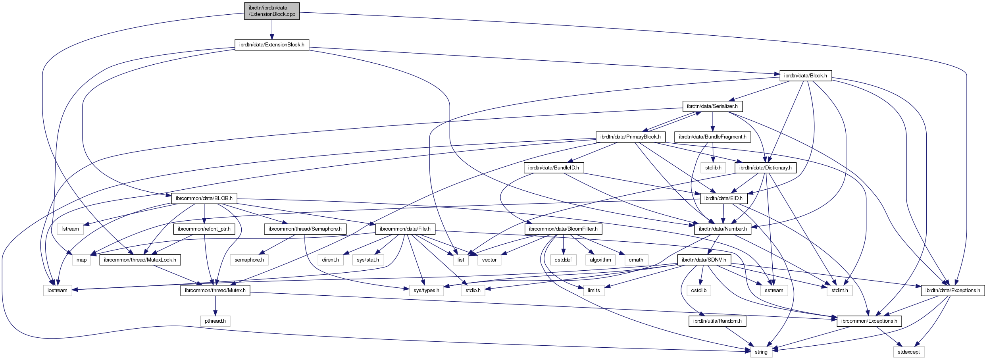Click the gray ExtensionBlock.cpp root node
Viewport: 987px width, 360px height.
[x=272, y=11]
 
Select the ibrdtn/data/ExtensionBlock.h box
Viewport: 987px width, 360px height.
[x=272, y=45]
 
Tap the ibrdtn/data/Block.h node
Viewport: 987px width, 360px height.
[x=805, y=76]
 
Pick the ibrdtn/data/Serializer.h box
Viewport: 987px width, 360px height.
[x=712, y=106]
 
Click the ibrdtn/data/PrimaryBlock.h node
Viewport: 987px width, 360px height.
[x=630, y=137]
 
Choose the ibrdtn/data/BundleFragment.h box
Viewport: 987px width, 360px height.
[x=712, y=137]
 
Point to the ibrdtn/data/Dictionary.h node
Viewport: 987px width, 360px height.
[x=765, y=168]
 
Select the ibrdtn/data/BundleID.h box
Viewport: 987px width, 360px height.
[x=553, y=168]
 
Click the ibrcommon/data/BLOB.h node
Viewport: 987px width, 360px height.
[x=204, y=198]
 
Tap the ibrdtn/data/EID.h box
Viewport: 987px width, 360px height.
[x=723, y=198]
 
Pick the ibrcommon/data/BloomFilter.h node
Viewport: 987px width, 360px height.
[x=563, y=229]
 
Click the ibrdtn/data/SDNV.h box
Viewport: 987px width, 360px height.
[x=704, y=260]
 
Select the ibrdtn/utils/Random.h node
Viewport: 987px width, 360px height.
[x=717, y=321]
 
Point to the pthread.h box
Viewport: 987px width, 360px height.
[x=215, y=321]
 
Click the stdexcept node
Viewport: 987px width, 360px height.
[x=908, y=352]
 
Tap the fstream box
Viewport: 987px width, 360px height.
[x=70, y=229]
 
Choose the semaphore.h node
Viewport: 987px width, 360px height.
[x=249, y=260]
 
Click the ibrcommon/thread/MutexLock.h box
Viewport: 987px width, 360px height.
[x=140, y=260]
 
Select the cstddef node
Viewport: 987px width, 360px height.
[x=563, y=260]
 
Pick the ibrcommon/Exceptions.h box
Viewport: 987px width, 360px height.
[x=869, y=321]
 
